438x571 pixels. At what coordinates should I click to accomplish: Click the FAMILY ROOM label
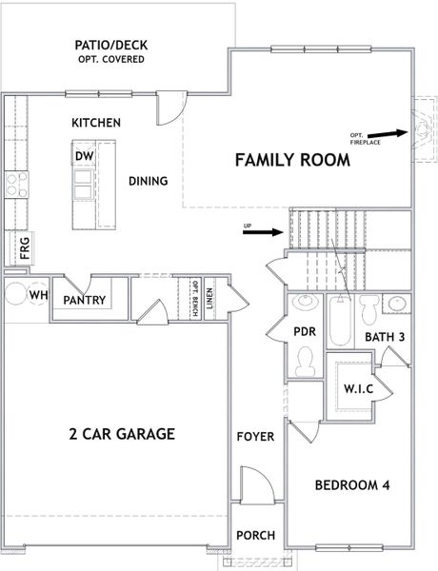pyautogui.click(x=292, y=160)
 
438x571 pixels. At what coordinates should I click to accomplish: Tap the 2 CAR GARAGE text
pyautogui.click(x=121, y=434)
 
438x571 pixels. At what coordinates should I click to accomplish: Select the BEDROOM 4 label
pyautogui.click(x=353, y=484)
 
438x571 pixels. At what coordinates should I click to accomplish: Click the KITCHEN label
pyautogui.click(x=96, y=123)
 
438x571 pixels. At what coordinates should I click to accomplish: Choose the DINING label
pyautogui.click(x=148, y=181)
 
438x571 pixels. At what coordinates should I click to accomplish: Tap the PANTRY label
pyautogui.click(x=84, y=300)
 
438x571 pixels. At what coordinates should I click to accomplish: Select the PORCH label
pyautogui.click(x=255, y=535)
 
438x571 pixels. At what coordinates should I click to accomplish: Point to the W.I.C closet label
pyautogui.click(x=350, y=390)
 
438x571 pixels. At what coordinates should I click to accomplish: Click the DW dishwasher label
pyautogui.click(x=83, y=155)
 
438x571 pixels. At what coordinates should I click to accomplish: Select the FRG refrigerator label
pyautogui.click(x=25, y=250)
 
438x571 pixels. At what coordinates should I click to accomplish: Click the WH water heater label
pyautogui.click(x=39, y=295)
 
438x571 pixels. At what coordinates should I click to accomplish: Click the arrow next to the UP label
pyautogui.click(x=270, y=231)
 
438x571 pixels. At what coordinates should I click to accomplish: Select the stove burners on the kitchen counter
pyautogui.click(x=16, y=183)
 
